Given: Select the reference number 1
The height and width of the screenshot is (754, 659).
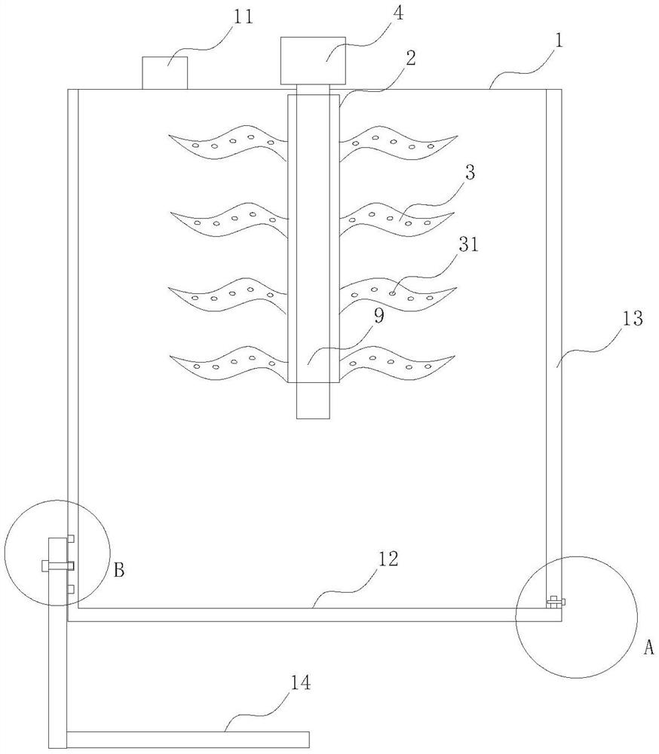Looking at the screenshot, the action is [559, 41].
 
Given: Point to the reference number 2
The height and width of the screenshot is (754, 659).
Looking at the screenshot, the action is [410, 58].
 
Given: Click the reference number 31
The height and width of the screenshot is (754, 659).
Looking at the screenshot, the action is [468, 244].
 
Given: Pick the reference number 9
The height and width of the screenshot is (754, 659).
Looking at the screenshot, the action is [379, 315].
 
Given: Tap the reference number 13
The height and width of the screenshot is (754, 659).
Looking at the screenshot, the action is [633, 318].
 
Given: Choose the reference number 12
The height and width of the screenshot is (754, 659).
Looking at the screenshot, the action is [388, 559].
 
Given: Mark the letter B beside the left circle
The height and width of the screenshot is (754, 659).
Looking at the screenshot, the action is [119, 570].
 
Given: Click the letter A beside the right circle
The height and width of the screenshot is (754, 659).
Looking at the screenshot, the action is [649, 648].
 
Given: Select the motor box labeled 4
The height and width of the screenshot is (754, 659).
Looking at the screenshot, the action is [313, 61].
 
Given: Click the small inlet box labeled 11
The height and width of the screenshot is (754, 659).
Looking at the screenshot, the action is [164, 73].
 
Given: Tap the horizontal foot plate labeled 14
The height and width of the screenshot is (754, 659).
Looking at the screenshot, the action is [188, 740].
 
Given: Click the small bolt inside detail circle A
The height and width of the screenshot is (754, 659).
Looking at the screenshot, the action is [556, 601].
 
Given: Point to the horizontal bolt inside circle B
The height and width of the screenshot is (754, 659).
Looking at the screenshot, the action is [58, 565].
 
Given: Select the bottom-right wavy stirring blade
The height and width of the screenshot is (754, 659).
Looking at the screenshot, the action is [397, 363].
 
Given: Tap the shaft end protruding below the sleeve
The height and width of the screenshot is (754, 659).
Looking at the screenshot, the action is [313, 400].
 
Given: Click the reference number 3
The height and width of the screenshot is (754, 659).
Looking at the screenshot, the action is [470, 172].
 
